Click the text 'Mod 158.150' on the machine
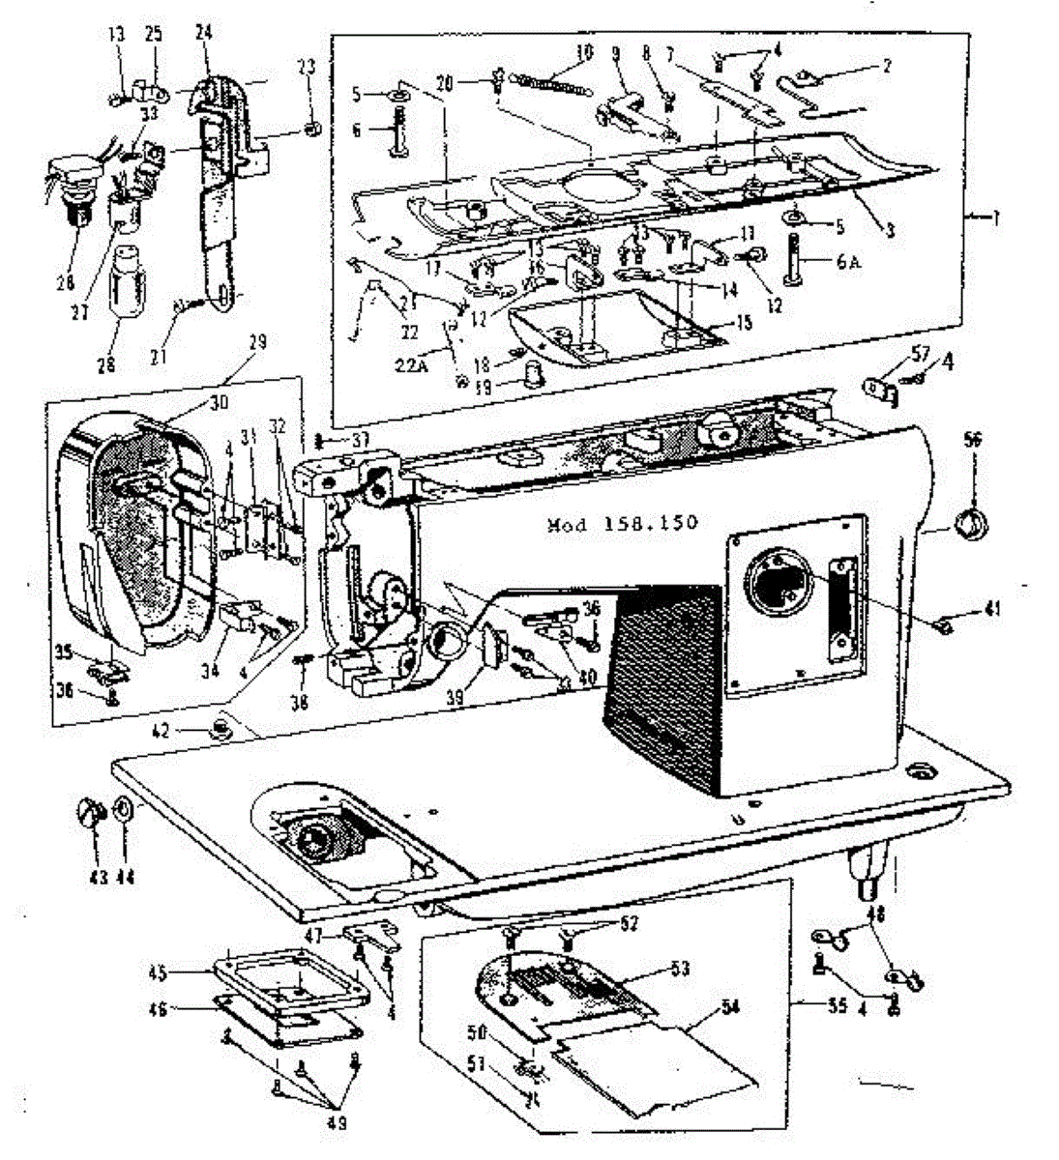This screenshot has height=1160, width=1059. coord(622,525)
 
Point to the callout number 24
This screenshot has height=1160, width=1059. coord(203,32)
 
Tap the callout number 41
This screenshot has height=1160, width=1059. coord(993,610)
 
